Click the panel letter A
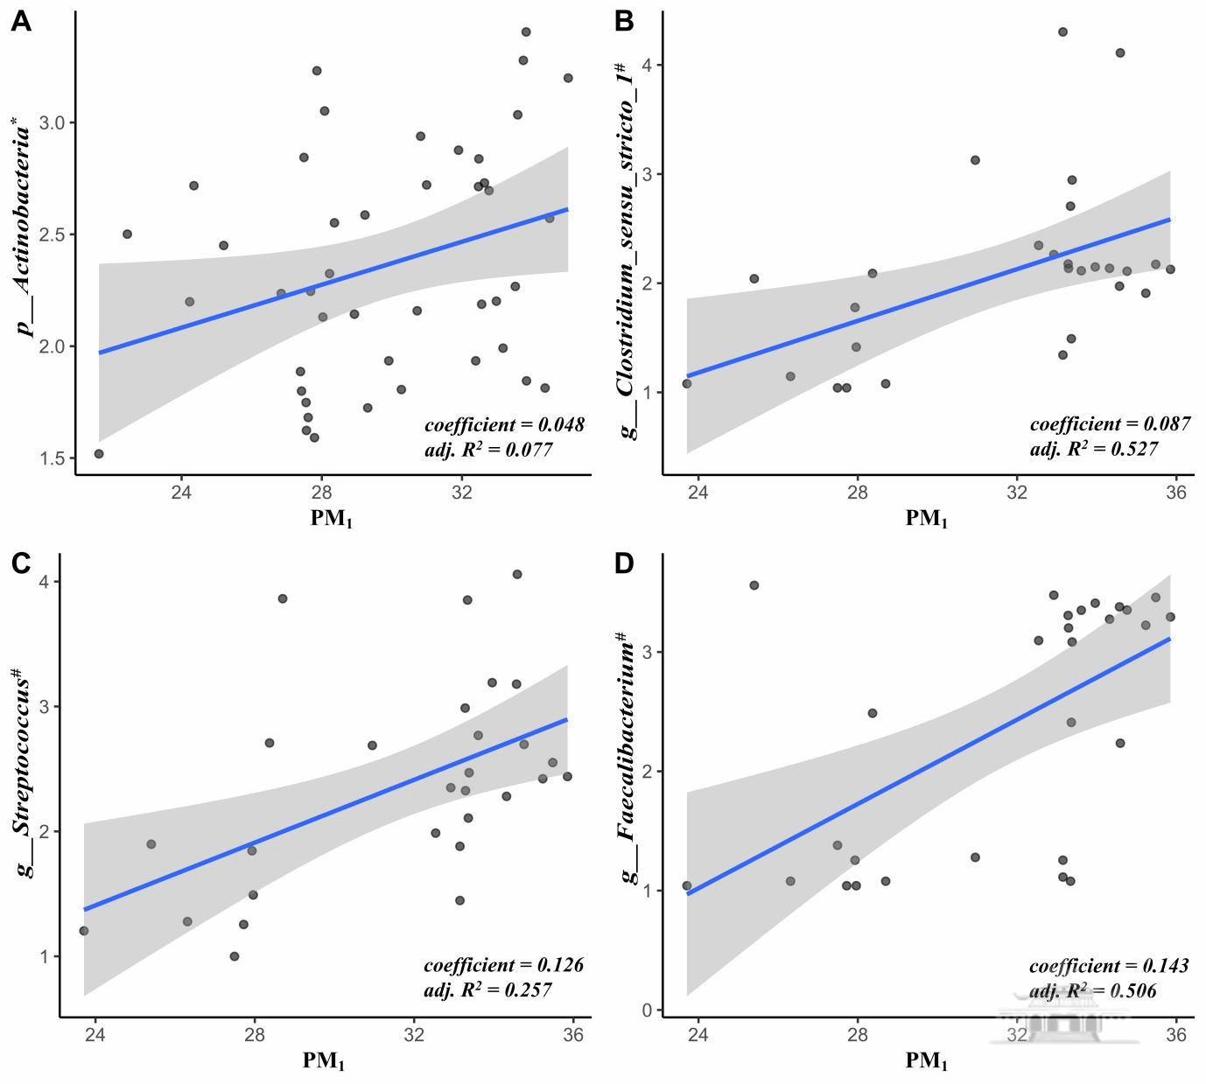pyautogui.click(x=21, y=22)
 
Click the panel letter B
pyautogui.click(x=624, y=22)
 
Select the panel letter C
pyautogui.click(x=22, y=563)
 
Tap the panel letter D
pyautogui.click(x=624, y=563)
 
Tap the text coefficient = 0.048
pyautogui.click(x=504, y=425)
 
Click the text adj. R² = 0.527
pyautogui.click(x=1093, y=449)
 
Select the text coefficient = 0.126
pyautogui.click(x=503, y=966)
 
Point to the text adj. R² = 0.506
pyautogui.click(x=1092, y=991)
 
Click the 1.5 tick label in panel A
pyautogui.click(x=52, y=458)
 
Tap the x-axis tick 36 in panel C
pyautogui.click(x=573, y=1034)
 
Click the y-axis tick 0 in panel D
pyautogui.click(x=648, y=1011)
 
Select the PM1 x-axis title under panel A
pyautogui.click(x=332, y=519)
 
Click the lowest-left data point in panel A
pyautogui.click(x=99, y=454)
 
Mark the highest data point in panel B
pyautogui.click(x=1062, y=31)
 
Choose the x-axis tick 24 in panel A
pyautogui.click(x=181, y=492)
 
